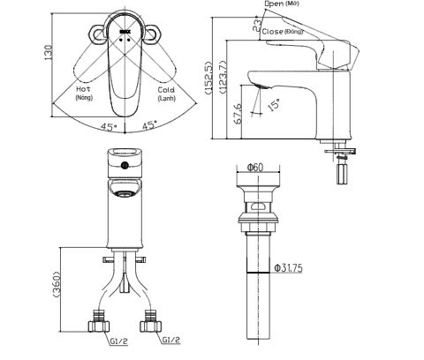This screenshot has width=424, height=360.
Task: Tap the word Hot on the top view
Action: pos(84,89)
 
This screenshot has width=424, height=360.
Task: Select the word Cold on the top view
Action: pos(165,89)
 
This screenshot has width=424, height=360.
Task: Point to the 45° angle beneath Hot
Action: pos(108,126)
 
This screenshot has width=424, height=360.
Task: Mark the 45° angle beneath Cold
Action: pos(150,126)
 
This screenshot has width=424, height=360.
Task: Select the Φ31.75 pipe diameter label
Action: pos(290,268)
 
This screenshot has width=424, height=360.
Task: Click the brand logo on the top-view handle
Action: pos(125,34)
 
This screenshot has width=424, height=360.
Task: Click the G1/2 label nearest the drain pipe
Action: pos(173,340)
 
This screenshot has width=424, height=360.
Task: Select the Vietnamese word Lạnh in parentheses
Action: pos(166,99)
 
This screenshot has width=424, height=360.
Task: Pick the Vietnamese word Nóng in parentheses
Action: pos(85,99)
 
